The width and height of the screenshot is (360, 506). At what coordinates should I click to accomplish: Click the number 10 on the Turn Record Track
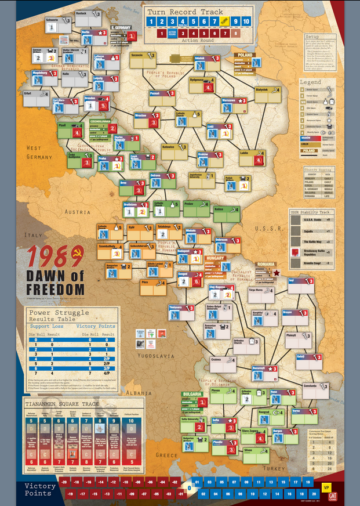tap(248, 22)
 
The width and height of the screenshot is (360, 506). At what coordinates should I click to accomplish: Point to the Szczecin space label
tap(137, 55)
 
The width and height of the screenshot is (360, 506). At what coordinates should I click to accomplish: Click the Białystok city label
tap(261, 89)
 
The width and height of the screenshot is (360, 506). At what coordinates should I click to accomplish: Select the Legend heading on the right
tap(310, 82)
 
